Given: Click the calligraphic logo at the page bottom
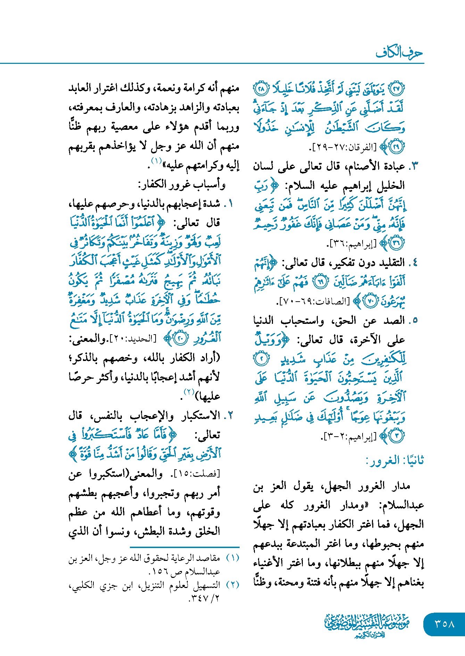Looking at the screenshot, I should [367, 625].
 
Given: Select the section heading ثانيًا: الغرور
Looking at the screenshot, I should [395, 461].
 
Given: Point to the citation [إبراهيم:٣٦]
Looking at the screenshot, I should [353, 244].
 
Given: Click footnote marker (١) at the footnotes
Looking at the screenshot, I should [233, 558].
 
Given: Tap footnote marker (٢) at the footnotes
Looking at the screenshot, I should [233, 585].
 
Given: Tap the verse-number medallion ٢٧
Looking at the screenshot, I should [397, 89].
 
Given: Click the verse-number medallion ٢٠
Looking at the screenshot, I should [181, 338].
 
